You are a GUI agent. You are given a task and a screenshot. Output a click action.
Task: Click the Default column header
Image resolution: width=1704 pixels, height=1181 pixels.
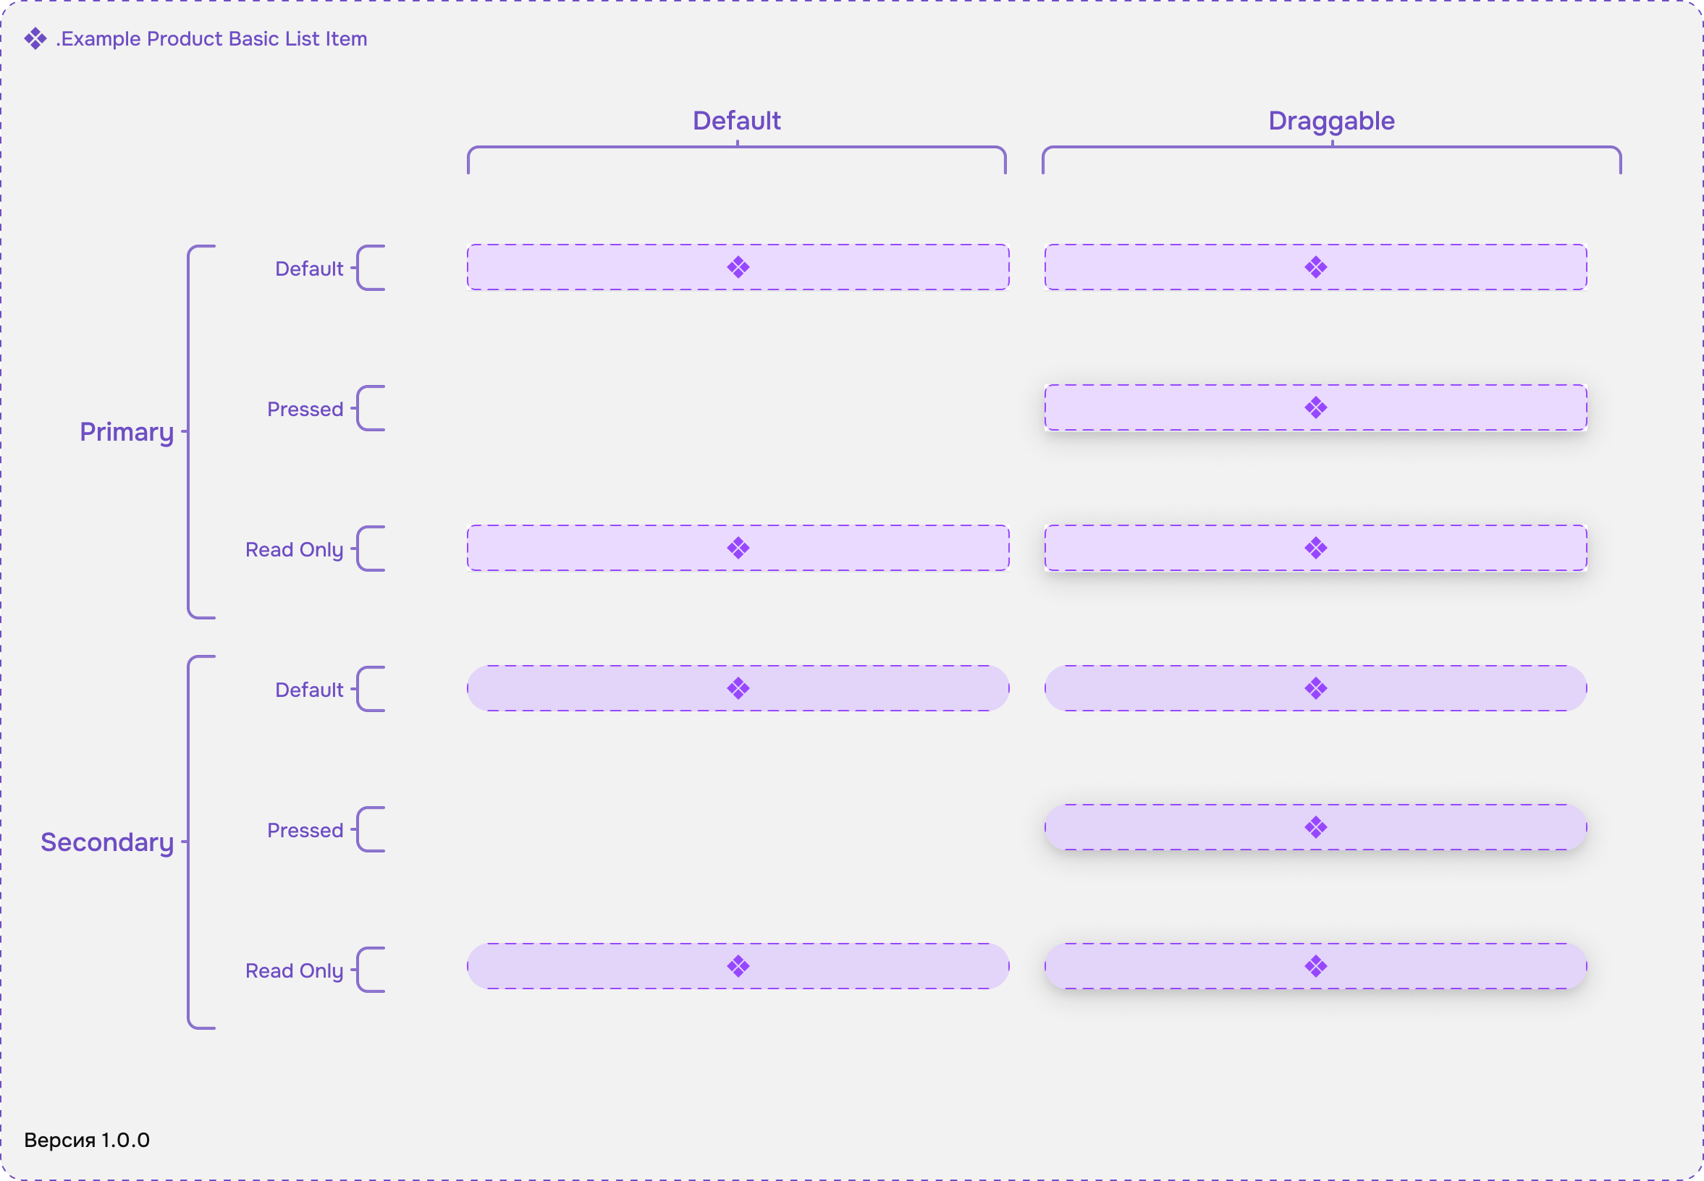(736, 121)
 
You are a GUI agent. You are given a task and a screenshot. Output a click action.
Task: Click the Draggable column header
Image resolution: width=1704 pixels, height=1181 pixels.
(1331, 122)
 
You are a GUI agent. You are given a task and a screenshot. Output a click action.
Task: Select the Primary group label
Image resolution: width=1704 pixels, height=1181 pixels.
(127, 432)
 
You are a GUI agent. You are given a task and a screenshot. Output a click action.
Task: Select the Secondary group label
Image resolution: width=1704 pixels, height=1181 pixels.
(107, 842)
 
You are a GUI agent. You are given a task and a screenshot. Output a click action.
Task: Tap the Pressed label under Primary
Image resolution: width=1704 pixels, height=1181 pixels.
(305, 409)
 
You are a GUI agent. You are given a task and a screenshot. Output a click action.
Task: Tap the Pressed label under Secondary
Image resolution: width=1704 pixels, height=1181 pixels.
(305, 830)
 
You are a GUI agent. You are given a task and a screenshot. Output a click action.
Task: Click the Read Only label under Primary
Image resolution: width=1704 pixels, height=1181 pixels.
(294, 550)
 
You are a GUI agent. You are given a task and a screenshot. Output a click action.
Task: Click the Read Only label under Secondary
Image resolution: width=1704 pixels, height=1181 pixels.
(294, 971)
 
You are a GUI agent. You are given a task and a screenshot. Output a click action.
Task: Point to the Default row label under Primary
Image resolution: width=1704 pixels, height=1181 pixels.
(308, 268)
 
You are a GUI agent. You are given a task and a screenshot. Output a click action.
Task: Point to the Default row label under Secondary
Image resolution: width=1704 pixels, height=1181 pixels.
(308, 690)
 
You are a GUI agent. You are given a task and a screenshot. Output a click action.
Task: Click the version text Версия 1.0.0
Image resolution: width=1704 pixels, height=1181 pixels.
(87, 1140)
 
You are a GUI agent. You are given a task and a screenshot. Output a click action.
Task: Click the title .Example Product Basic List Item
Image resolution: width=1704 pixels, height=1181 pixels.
(211, 38)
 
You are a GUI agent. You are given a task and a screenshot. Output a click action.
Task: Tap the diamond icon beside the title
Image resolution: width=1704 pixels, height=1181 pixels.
(35, 38)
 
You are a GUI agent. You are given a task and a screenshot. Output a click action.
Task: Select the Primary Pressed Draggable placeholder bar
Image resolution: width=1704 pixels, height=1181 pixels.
(1315, 407)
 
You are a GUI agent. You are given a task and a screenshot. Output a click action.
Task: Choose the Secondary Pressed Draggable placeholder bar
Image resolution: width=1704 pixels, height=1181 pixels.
(1315, 827)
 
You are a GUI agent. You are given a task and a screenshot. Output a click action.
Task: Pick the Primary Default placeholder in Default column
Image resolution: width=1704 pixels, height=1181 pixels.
(738, 267)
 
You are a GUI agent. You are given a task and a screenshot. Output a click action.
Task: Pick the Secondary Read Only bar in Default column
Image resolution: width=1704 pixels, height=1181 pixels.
(738, 966)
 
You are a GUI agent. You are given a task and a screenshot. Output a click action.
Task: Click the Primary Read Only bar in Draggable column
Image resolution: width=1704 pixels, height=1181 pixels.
(1315, 549)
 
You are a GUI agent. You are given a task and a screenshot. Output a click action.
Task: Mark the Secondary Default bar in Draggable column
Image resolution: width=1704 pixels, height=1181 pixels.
(1315, 689)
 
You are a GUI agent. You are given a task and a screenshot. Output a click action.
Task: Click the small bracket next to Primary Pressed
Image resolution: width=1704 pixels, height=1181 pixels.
(358, 408)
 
